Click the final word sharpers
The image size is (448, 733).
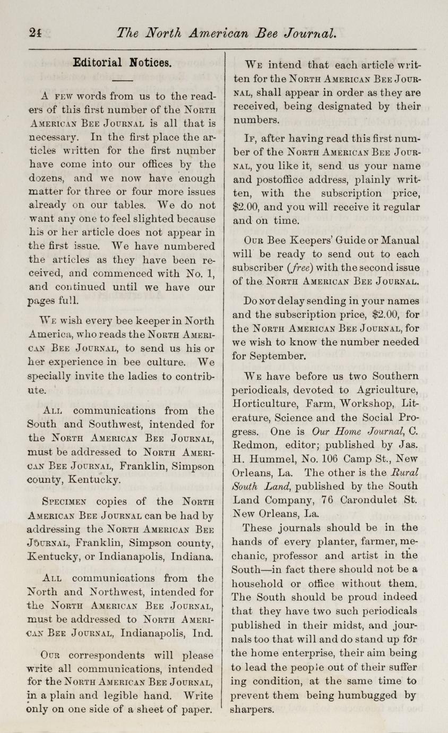click(x=253, y=709)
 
